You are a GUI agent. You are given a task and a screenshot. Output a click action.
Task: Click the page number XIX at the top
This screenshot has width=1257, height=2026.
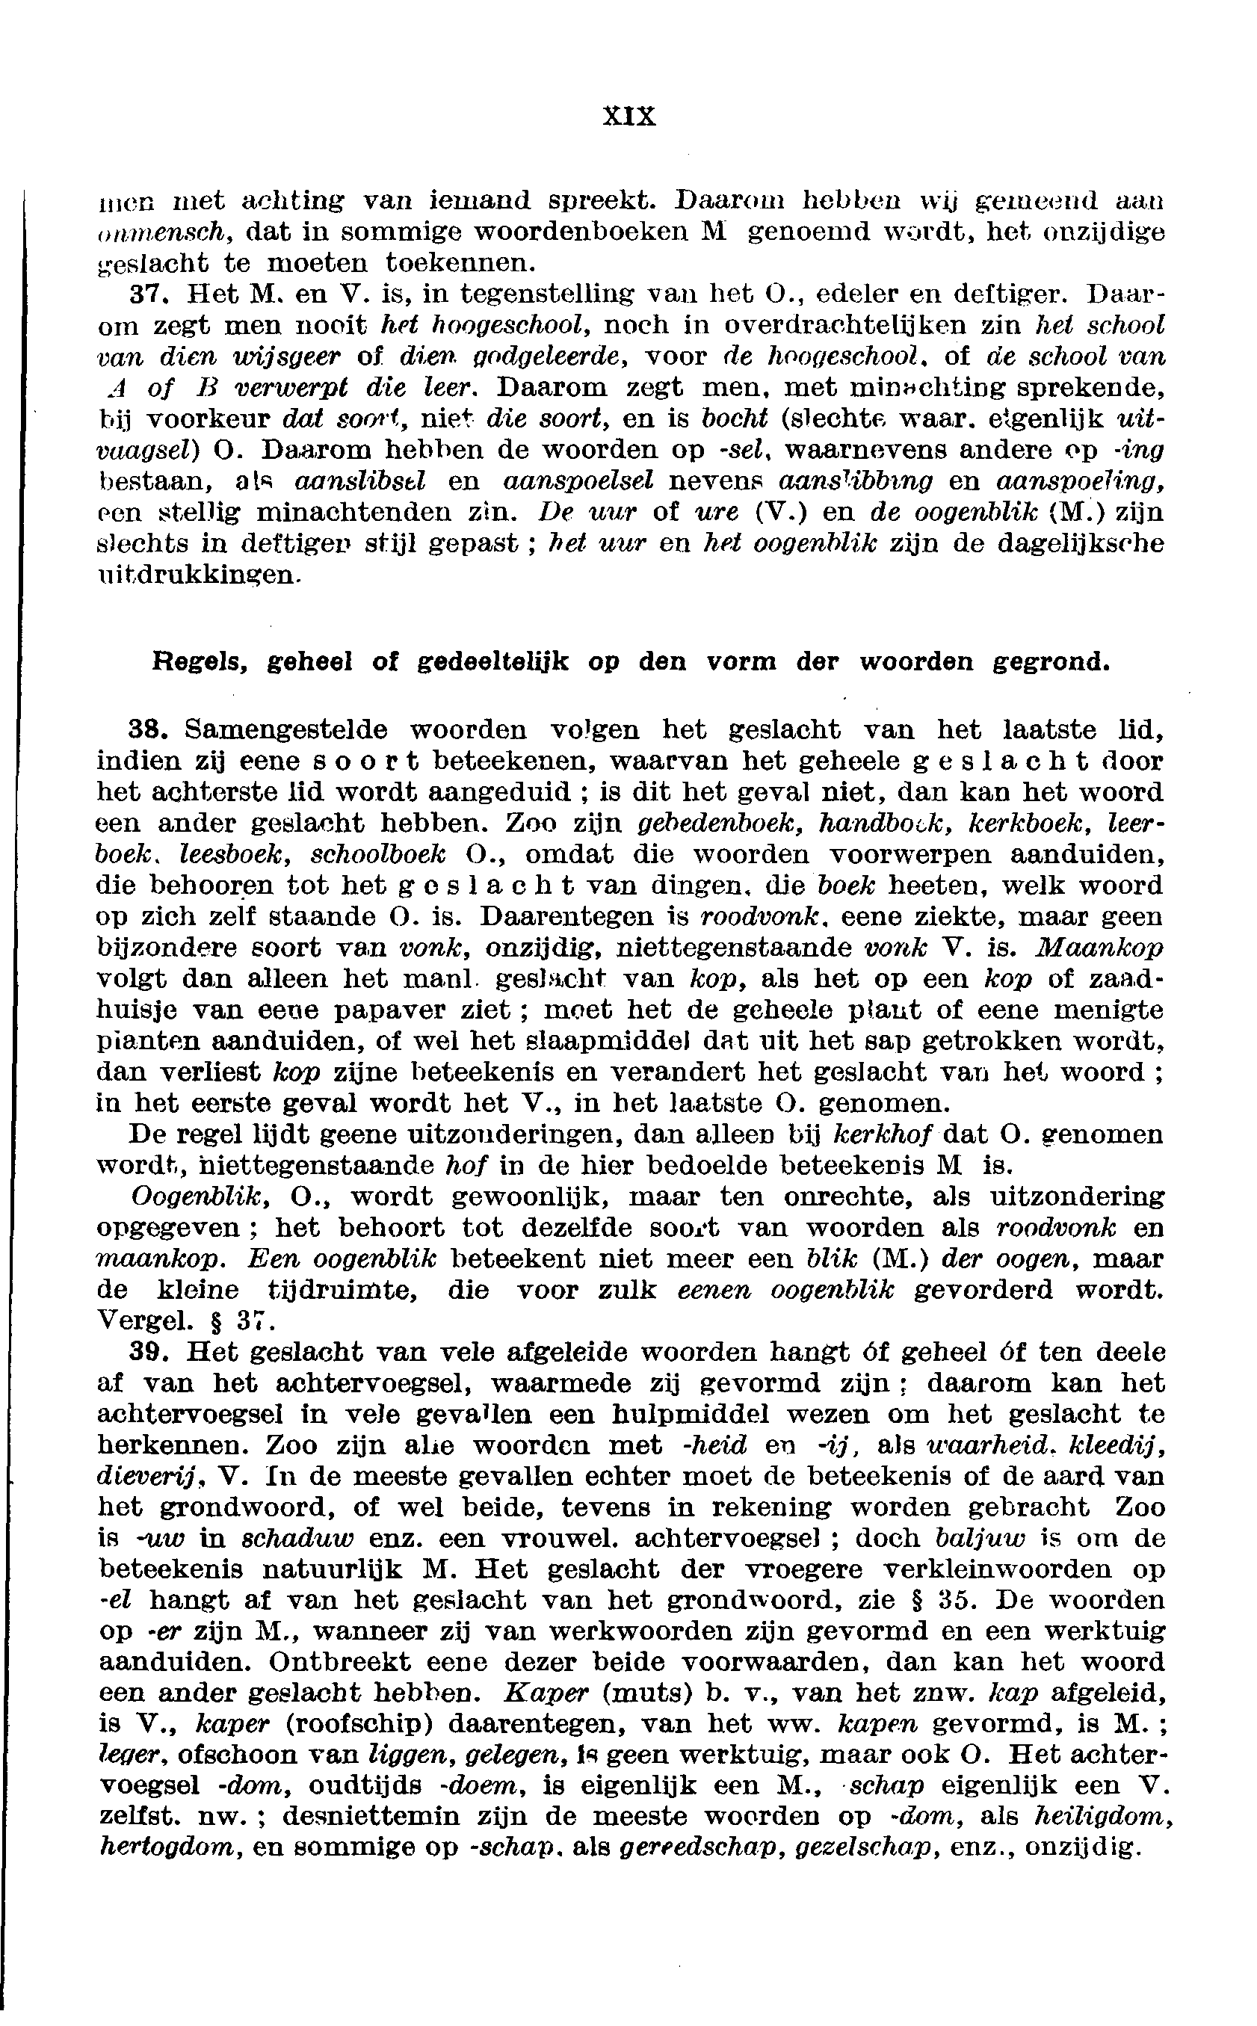(x=628, y=116)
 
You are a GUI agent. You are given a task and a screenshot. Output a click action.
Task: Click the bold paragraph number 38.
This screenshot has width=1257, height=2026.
(x=150, y=730)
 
